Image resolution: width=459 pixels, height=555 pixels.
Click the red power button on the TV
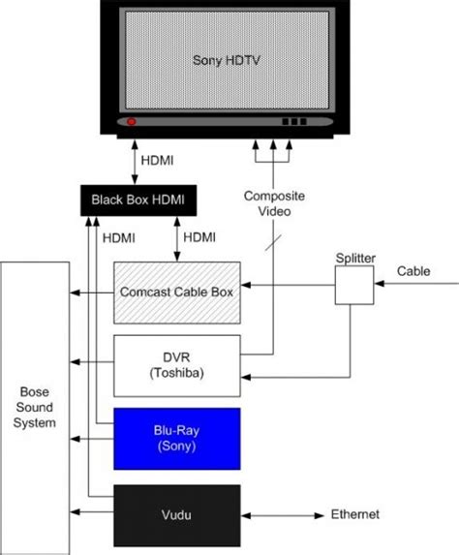point(132,122)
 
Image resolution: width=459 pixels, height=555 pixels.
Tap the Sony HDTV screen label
point(227,60)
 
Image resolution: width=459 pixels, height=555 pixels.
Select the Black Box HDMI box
point(138,200)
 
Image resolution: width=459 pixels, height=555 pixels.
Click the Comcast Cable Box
point(177,293)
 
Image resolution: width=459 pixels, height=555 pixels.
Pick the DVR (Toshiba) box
point(177,365)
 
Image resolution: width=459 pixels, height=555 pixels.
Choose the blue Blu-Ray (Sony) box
point(177,439)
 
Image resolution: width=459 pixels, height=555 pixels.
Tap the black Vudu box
point(177,515)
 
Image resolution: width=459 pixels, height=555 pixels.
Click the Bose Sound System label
point(34,407)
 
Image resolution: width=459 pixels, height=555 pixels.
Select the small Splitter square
point(354,286)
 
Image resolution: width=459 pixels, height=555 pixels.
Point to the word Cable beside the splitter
point(413,271)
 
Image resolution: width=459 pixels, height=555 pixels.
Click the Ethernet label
point(355,514)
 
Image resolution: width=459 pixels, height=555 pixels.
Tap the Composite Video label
point(274,203)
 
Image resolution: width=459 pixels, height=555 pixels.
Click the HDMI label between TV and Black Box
point(157,161)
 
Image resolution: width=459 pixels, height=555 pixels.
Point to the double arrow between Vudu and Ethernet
point(283,515)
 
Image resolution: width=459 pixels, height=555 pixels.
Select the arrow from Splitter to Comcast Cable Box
point(288,285)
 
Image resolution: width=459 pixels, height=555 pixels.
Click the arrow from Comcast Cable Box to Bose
point(92,293)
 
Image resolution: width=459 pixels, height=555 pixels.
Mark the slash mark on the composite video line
point(273,243)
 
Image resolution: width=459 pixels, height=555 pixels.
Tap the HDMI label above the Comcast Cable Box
point(199,237)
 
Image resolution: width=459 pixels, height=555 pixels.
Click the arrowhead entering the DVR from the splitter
point(246,378)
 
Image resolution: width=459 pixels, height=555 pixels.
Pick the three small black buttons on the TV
point(294,122)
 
